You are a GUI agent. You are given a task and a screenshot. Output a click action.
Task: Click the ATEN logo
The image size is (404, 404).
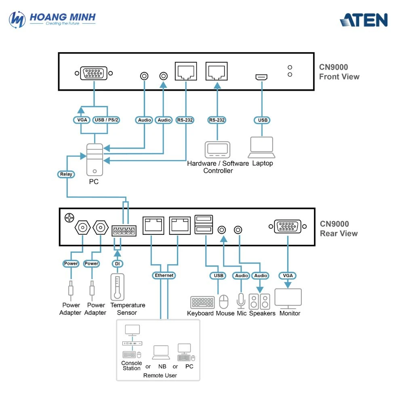coord(364,20)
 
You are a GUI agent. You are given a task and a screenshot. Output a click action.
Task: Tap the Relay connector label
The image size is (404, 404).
coord(66,174)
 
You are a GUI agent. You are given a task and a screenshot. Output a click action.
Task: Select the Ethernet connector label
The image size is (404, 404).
coord(164,276)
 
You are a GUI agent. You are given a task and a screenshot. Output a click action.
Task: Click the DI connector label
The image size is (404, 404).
coord(117,263)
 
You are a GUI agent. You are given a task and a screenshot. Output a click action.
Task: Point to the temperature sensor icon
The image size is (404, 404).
coord(117,287)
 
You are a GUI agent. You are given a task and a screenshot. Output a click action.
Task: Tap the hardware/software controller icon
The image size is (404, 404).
coord(218,150)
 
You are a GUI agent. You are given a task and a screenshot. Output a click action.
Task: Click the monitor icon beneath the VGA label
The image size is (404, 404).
coord(288,299)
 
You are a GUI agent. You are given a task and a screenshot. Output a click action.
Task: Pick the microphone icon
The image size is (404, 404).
coord(241,301)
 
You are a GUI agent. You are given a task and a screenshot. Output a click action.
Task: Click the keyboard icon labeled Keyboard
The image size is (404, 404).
coord(202,303)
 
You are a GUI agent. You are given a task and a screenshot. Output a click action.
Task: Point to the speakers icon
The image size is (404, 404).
coord(260,301)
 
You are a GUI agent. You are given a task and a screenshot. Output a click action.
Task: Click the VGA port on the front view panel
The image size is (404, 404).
coord(94,74)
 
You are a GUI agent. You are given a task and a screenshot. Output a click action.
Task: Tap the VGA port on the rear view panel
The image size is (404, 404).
coord(288,226)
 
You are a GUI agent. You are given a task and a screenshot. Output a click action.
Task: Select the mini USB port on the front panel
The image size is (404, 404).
coord(261,77)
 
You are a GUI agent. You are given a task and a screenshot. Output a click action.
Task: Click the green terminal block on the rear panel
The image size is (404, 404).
coord(124,231)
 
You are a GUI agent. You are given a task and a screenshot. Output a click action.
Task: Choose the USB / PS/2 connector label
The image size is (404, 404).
coord(106,120)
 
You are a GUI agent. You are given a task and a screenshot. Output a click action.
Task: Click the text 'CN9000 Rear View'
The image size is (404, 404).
coord(339,229)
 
